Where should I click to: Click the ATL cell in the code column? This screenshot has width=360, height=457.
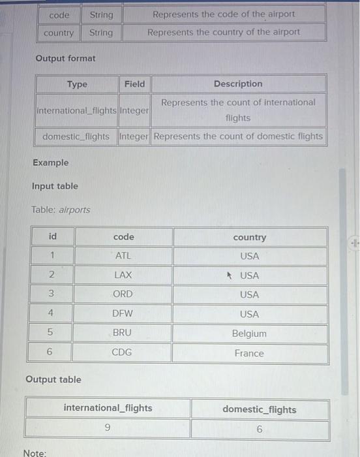123,256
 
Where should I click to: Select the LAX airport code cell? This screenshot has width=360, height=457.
123,276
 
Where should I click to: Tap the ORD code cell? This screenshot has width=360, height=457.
123,294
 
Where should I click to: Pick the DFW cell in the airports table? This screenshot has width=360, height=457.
123,314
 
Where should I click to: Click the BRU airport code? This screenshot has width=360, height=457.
122,333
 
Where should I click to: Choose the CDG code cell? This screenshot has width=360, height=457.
122,353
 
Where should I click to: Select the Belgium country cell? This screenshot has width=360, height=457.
249,334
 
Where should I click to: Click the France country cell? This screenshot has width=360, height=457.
249,353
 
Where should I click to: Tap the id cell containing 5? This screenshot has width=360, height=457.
50,333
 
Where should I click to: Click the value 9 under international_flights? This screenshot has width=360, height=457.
108,428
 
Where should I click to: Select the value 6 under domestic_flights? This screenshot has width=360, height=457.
259,430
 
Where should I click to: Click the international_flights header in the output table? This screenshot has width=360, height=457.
108,408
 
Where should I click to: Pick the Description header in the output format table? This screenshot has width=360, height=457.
238,84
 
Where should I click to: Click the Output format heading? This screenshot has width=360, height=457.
65,58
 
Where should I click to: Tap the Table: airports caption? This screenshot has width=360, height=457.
61,210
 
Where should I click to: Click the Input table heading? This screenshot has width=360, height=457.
55,186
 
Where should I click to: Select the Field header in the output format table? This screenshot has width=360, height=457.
134,84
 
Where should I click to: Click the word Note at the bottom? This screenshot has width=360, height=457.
34,452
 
